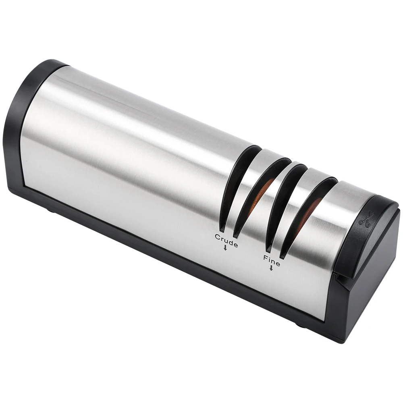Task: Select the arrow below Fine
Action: [x=271, y=268]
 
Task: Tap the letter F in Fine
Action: [x=265, y=257]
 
